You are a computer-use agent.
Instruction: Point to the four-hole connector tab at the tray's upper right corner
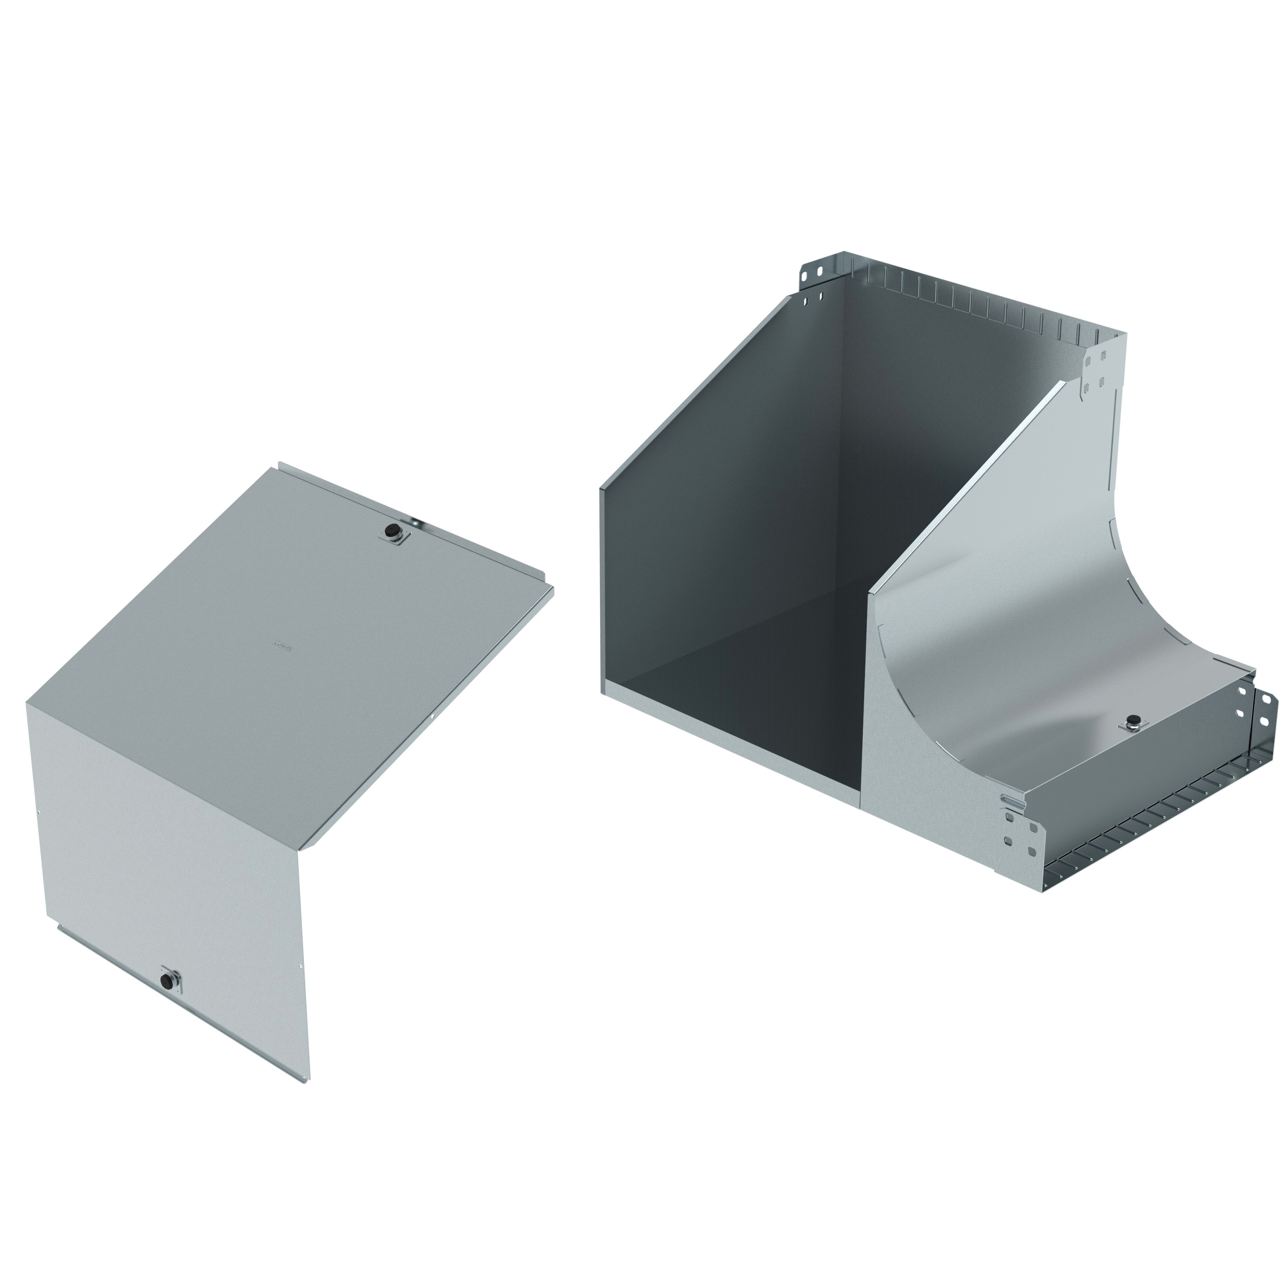pyautogui.click(x=1095, y=369)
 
